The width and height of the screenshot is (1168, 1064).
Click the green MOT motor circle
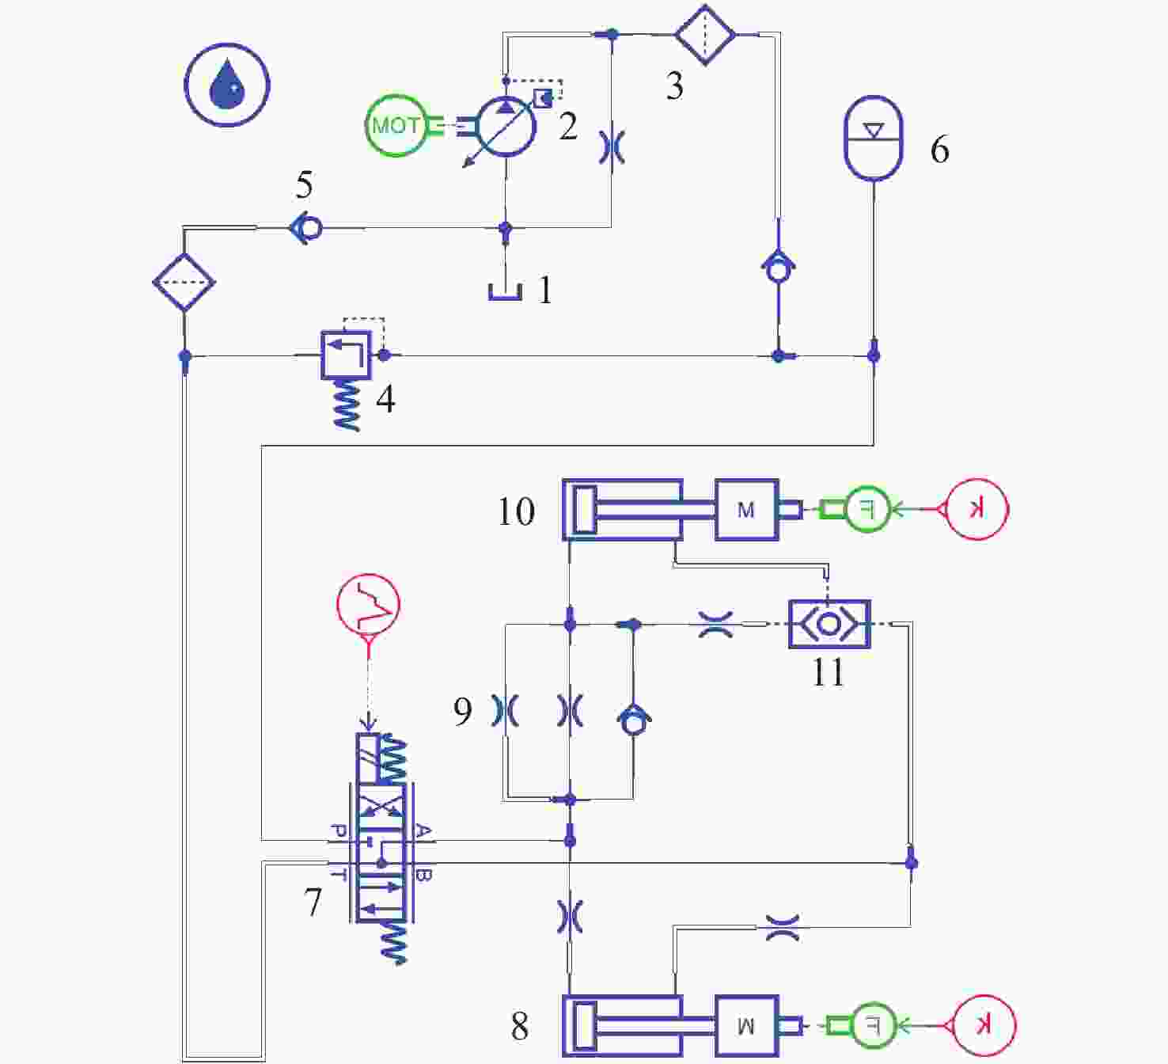(x=395, y=125)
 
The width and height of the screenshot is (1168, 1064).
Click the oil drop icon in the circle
(x=227, y=85)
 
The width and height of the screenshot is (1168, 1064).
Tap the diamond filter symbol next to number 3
(x=704, y=35)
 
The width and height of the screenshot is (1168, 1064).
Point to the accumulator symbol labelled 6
(x=873, y=139)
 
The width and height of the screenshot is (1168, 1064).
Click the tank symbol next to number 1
(x=505, y=291)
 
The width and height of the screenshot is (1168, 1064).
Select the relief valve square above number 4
(x=346, y=355)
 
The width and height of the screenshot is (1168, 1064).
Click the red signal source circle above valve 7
(x=368, y=606)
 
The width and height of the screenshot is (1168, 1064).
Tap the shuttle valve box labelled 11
(x=829, y=624)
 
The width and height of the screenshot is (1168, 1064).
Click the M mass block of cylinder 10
(x=746, y=510)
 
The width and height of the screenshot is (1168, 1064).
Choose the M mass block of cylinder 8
(x=746, y=1026)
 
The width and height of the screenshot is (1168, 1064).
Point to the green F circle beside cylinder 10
(x=867, y=509)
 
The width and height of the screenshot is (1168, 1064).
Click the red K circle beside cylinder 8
(x=982, y=1026)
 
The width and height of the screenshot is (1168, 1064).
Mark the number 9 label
(x=463, y=711)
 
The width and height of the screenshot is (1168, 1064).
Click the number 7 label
(x=313, y=902)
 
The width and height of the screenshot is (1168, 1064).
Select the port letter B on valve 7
(x=423, y=875)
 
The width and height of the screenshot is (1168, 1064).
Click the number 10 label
(x=516, y=511)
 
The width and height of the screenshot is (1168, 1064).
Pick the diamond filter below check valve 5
(x=184, y=282)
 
